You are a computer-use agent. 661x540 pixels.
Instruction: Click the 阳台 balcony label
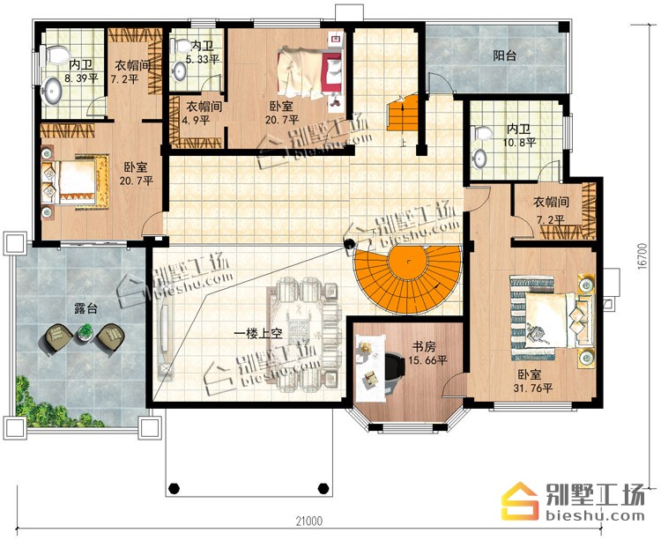pos(505,55)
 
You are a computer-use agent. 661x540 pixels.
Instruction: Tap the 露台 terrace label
pos(85,308)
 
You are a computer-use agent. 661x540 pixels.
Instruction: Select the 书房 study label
pos(423,347)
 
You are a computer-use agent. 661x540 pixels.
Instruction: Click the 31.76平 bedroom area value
pos(533,388)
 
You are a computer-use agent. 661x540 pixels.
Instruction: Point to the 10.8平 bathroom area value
pos(519,143)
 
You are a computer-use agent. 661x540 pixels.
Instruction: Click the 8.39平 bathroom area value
pos(81,78)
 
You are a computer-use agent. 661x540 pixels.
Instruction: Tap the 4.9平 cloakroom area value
pos(196,120)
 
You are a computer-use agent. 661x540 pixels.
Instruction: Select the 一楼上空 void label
pos(258,335)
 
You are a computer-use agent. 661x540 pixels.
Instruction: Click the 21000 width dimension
pos(308,521)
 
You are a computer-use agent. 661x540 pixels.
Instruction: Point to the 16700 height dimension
pos(642,255)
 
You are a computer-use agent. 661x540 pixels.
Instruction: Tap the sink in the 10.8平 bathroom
pos(479,159)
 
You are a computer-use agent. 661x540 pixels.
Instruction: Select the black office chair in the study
pos(394,372)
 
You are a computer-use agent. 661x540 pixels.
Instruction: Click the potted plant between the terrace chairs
pos(85,331)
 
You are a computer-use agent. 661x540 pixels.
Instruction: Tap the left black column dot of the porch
pos(174,489)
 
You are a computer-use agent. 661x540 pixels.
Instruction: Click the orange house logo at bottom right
pos(521,501)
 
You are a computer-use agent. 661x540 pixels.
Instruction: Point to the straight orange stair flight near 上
pos(403,113)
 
